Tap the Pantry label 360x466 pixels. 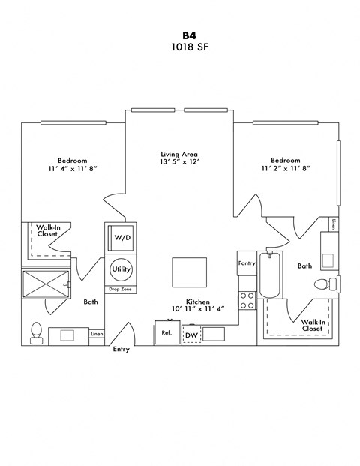(247, 263)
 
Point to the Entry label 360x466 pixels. (121, 350)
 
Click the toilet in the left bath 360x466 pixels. (36, 333)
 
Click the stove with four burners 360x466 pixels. (247, 301)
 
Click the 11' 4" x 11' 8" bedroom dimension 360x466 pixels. (73, 170)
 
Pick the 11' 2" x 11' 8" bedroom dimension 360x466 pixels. (285, 170)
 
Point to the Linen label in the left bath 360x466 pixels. (97, 334)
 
